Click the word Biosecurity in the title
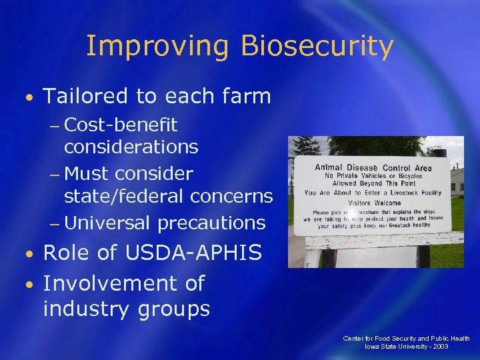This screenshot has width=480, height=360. [317, 47]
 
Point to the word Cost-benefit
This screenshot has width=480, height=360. [121, 125]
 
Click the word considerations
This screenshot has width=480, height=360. [131, 147]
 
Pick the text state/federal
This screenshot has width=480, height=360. [124, 196]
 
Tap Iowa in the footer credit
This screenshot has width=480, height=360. [372, 347]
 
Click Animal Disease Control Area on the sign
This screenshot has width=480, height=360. [373, 167]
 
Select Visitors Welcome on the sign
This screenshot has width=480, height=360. [373, 203]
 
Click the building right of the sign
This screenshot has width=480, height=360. [457, 180]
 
